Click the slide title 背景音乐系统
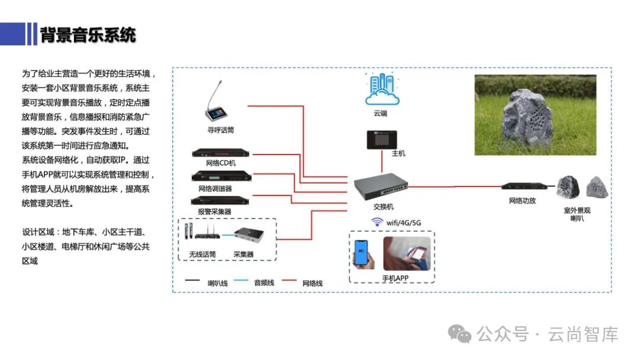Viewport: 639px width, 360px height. [x=88, y=34]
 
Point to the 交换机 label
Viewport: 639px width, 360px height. [x=383, y=207]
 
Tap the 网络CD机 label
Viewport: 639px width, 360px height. [x=221, y=163]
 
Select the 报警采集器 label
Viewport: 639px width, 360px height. [x=215, y=211]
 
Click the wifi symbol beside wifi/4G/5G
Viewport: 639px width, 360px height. [x=377, y=222]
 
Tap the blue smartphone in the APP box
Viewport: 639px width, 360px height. [x=361, y=253]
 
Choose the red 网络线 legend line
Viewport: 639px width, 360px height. [x=289, y=281]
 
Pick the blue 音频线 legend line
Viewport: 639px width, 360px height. [x=241, y=281]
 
